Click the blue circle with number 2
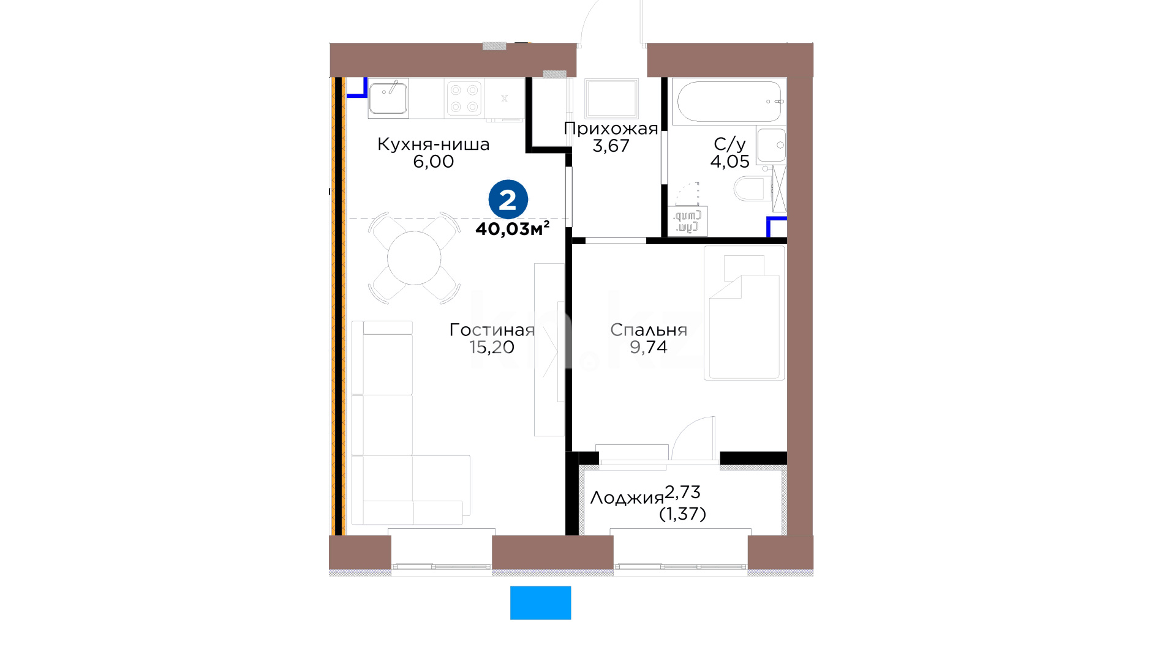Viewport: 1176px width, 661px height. pos(508,200)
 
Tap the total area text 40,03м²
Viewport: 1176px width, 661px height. pos(513,229)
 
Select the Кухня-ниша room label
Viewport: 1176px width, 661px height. pos(433,144)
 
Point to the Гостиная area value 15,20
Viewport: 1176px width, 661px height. pos(492,347)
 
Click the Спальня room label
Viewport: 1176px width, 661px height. pos(649,330)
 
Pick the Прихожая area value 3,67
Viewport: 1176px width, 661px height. pos(611,146)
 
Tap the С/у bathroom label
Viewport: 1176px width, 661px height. pos(729,144)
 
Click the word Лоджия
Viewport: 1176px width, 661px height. pos(627,498)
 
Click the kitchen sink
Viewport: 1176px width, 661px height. pos(388,98)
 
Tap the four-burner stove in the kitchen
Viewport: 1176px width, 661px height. pos(464,98)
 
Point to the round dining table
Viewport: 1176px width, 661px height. pos(414,258)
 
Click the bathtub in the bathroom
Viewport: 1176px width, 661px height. pos(728,101)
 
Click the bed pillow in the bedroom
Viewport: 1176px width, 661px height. pos(744,267)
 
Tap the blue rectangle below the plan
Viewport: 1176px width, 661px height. pos(541,603)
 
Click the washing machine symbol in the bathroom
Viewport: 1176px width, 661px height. pos(690,222)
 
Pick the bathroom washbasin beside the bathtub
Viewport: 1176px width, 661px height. pos(771,145)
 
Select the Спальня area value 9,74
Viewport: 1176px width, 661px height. pos(649,347)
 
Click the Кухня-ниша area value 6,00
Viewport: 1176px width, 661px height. pos(433,162)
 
